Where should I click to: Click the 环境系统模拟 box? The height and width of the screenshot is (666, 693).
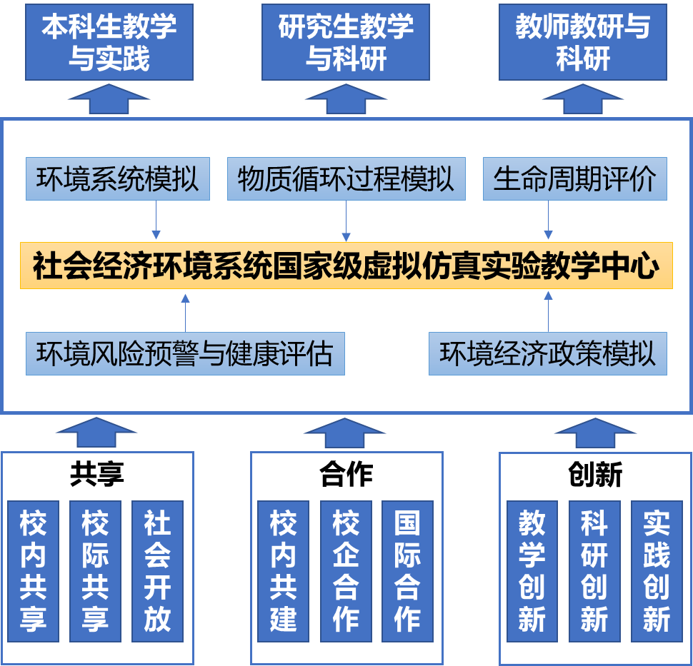coord(118,179)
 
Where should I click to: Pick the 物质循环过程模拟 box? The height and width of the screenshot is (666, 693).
coord(346,179)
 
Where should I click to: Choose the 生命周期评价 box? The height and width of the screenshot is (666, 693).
coord(574,179)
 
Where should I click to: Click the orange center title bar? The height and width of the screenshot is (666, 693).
coord(346,266)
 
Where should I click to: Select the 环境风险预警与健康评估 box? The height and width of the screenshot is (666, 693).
coord(185,353)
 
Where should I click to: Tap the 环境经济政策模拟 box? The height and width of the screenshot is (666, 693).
coord(547,353)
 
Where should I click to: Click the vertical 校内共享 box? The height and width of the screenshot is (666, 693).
coord(33,570)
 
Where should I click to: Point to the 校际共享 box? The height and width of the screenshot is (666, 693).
coord(95,570)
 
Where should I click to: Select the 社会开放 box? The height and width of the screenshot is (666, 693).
coord(157,570)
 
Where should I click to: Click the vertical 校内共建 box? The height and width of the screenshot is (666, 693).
coord(283,570)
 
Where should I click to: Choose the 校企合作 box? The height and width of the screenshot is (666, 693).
coord(345,570)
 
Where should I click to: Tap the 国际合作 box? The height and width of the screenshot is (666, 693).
coord(407,570)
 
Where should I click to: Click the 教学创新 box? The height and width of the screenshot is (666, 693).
coord(532,570)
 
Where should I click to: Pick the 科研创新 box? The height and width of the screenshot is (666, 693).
coord(594,570)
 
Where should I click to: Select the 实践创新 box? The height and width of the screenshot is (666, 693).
coord(656,570)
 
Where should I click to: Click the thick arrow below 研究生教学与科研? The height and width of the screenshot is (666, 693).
coord(346,99)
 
